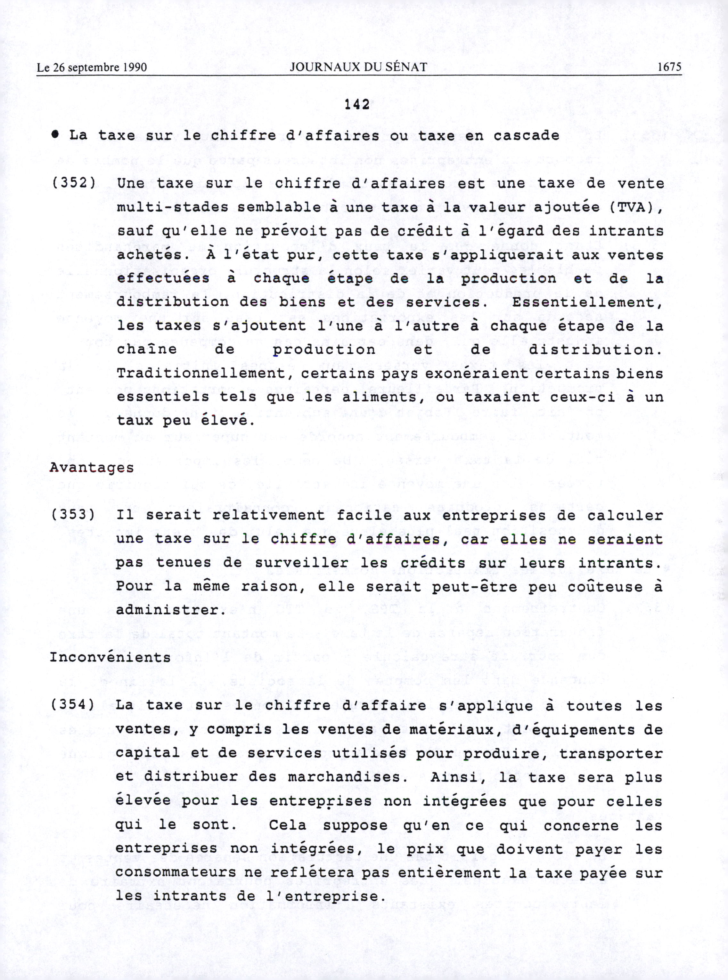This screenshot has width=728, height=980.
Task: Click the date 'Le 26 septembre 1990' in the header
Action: pos(92,67)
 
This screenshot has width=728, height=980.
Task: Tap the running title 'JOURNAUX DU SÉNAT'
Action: pos(358,67)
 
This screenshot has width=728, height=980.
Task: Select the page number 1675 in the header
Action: pos(669,67)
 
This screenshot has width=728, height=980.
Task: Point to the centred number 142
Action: pos(357,104)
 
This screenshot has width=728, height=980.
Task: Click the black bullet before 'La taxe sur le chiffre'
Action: pos(55,135)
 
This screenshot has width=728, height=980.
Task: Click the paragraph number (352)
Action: pos(74,183)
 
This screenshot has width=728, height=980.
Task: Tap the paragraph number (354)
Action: pos(73,704)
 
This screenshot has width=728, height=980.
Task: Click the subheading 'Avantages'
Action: pos(92,468)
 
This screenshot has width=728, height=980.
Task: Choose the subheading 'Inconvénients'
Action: pos(110,657)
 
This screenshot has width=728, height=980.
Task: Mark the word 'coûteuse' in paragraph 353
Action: pos(605,586)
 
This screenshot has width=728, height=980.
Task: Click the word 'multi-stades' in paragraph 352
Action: pos(172,207)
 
